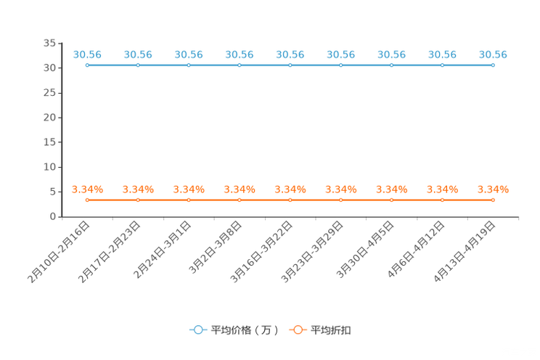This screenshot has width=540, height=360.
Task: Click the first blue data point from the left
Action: [x=87, y=65]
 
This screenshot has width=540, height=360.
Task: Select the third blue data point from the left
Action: [x=189, y=65]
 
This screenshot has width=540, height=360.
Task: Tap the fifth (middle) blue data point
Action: [x=290, y=65]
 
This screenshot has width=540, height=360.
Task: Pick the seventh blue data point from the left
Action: [x=391, y=65]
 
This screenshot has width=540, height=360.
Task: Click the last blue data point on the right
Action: [x=493, y=65]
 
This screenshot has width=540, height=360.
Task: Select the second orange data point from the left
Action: [x=138, y=200]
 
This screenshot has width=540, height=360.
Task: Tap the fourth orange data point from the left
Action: [x=240, y=200]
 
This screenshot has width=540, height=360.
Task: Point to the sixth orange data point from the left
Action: [x=341, y=200]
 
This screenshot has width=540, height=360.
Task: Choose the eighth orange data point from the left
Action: [x=442, y=200]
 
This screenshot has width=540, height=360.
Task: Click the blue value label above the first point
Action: [x=87, y=54]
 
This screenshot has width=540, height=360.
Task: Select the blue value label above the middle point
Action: [x=290, y=54]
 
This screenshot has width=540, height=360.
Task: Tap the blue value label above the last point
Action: [x=493, y=54]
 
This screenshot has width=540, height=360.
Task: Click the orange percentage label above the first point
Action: [x=87, y=189]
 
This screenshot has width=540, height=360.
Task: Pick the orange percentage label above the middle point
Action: [x=290, y=189]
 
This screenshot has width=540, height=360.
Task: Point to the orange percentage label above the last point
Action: [x=493, y=189]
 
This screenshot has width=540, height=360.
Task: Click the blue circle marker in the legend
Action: [x=197, y=330]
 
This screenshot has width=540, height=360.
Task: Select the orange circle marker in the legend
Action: [x=298, y=330]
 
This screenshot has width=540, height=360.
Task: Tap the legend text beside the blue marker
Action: [x=245, y=330]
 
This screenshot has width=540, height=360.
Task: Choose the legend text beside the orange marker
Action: [x=332, y=330]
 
